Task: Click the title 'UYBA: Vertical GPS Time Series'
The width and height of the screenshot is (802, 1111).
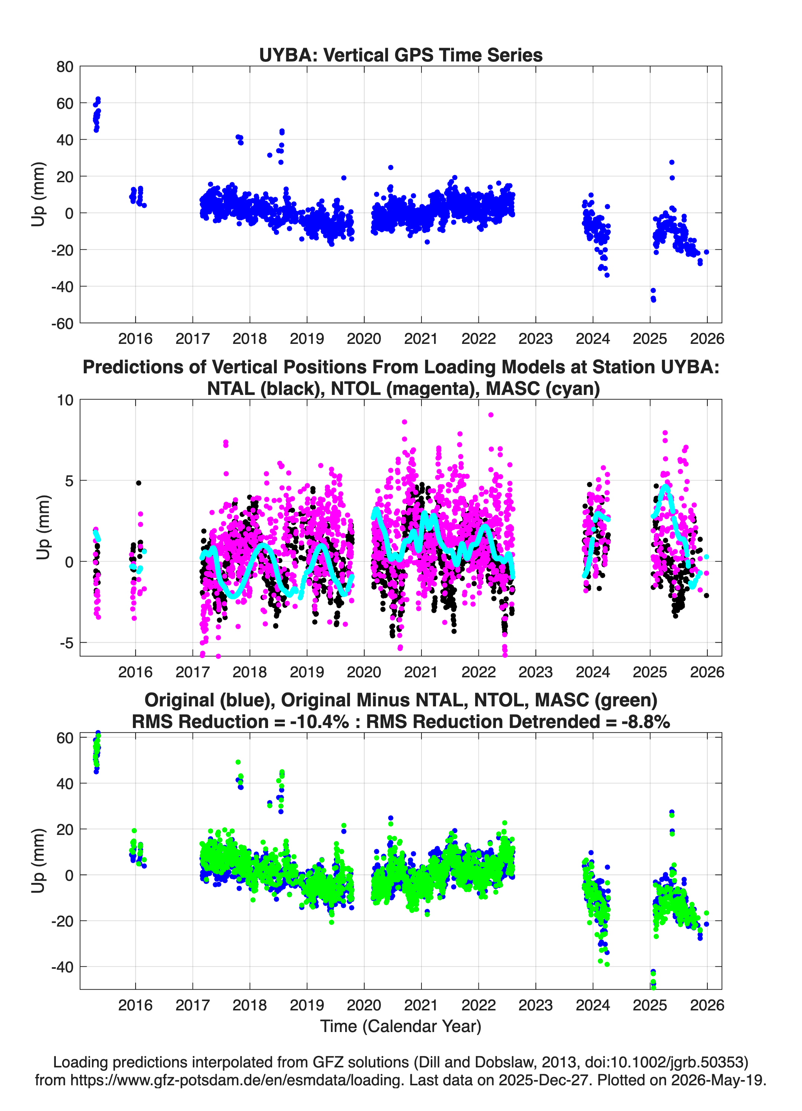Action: [x=401, y=55]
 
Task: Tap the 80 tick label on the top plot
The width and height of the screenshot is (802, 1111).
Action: [x=65, y=67]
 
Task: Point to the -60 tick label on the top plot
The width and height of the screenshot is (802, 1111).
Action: [x=62, y=323]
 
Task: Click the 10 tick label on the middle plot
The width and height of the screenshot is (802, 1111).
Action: [x=65, y=400]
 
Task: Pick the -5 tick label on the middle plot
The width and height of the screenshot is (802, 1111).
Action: [x=66, y=643]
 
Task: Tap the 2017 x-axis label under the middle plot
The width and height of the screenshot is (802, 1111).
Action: [x=192, y=672]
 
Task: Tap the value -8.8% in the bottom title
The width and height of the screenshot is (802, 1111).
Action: [x=642, y=722]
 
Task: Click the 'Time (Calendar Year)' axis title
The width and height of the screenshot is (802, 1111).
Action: [x=401, y=1026]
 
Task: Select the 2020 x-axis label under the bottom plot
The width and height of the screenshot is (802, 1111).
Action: [x=364, y=1005]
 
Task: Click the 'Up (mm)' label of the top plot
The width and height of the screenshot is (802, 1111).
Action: [x=38, y=194]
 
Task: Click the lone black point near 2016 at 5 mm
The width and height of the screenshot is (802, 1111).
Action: [x=139, y=483]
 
